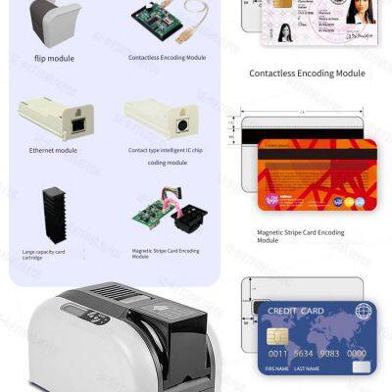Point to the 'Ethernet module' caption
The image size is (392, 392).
53,150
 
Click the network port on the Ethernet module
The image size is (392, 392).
75,124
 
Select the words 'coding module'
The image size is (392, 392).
167,163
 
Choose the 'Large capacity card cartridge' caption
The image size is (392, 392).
44,254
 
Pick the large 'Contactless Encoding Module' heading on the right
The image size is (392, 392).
307,73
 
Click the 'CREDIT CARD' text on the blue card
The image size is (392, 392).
296,311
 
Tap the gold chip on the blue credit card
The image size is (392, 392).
276,334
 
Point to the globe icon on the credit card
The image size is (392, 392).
363,311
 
